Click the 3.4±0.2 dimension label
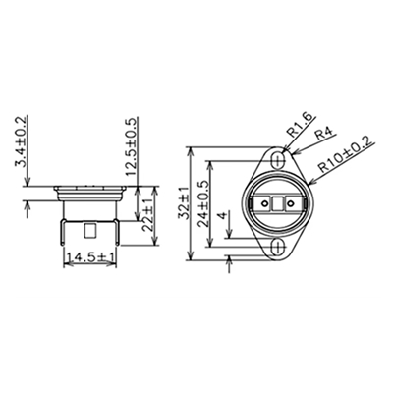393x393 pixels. pyautogui.click(x=21, y=141)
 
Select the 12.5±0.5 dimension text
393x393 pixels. pyautogui.click(x=132, y=146)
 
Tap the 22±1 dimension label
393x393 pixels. pyautogui.click(x=148, y=215)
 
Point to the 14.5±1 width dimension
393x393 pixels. pyautogui.click(x=90, y=257)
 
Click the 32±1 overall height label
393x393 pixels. pyautogui.click(x=183, y=203)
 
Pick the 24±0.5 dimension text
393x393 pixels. pyautogui.click(x=204, y=203)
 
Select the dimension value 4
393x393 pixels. pyautogui.click(x=223, y=215)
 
